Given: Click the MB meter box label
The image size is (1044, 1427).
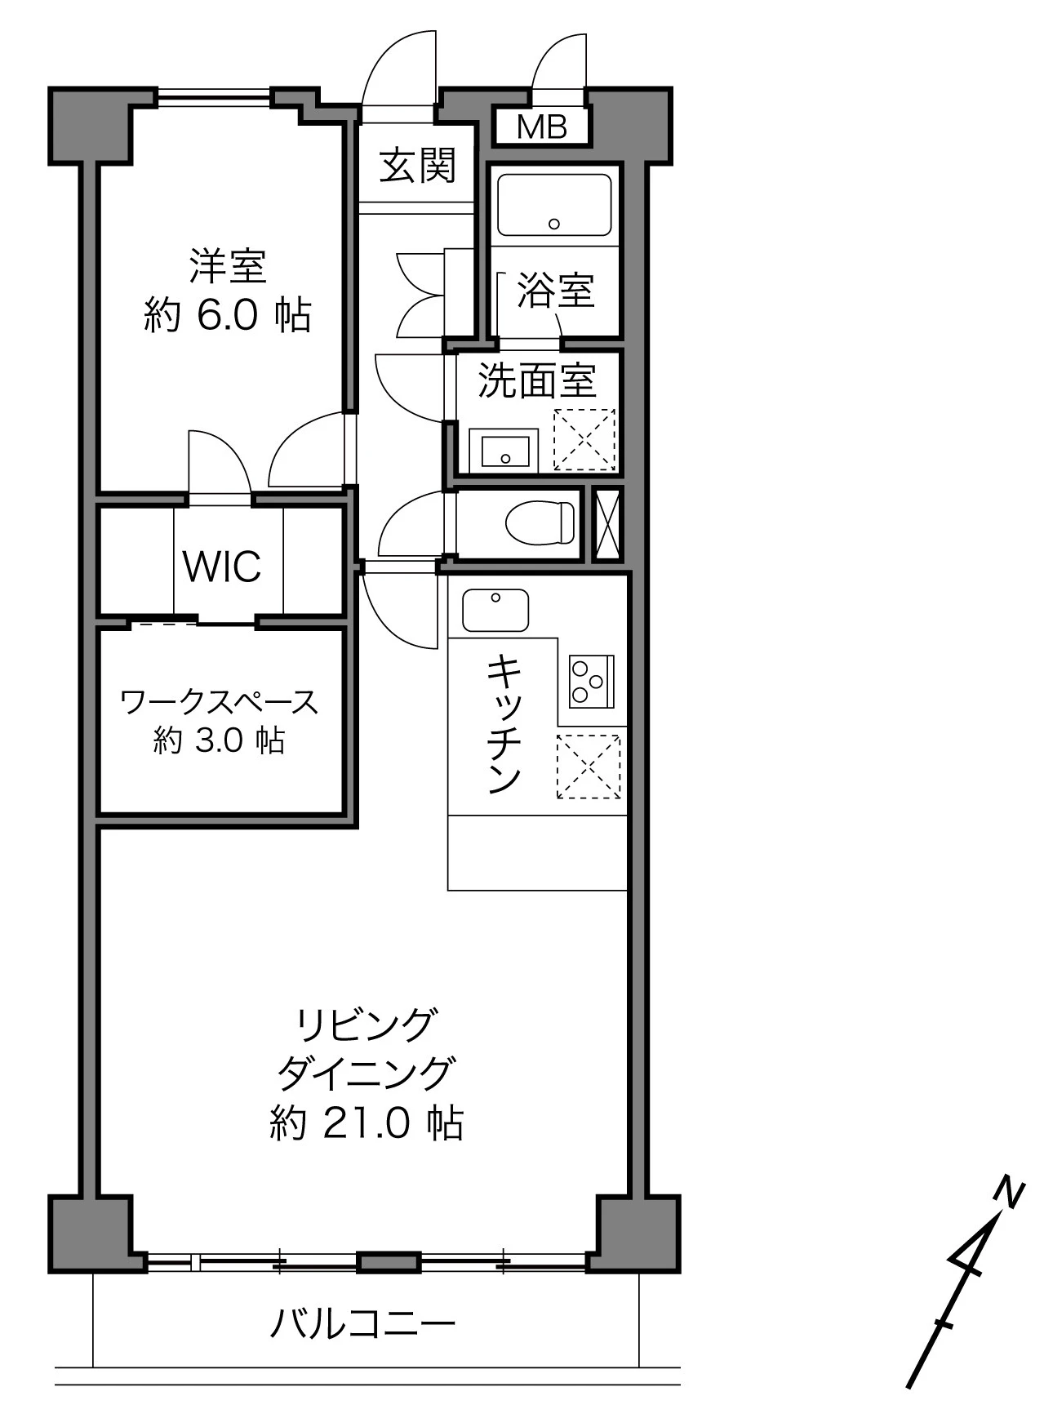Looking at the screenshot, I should pos(542,127).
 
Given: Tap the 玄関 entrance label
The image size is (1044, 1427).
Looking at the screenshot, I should pos(417,167).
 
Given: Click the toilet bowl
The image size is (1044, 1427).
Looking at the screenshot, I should pos(540,522).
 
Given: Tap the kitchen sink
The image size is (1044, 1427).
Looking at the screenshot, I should pos(495,610).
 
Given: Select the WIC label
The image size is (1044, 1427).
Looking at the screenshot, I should pos(222,566).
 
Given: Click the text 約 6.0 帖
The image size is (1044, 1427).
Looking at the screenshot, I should pos(228,315).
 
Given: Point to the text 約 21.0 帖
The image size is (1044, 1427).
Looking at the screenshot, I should pos(367,1123).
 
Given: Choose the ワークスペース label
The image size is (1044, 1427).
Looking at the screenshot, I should pos(219,702).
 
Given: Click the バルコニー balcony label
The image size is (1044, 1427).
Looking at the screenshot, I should pos(362,1323).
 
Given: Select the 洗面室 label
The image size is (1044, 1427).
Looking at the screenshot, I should pos(537,380).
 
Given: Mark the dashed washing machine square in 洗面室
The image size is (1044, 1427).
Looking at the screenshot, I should pos(584,440).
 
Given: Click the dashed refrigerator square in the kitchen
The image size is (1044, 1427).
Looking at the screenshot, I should pos(589,767).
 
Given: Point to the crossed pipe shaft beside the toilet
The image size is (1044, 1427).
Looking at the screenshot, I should pos(606,524).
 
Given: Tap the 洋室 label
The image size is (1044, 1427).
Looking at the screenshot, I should pos(228,265).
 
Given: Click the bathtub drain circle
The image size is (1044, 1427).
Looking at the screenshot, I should pos(554,224).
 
